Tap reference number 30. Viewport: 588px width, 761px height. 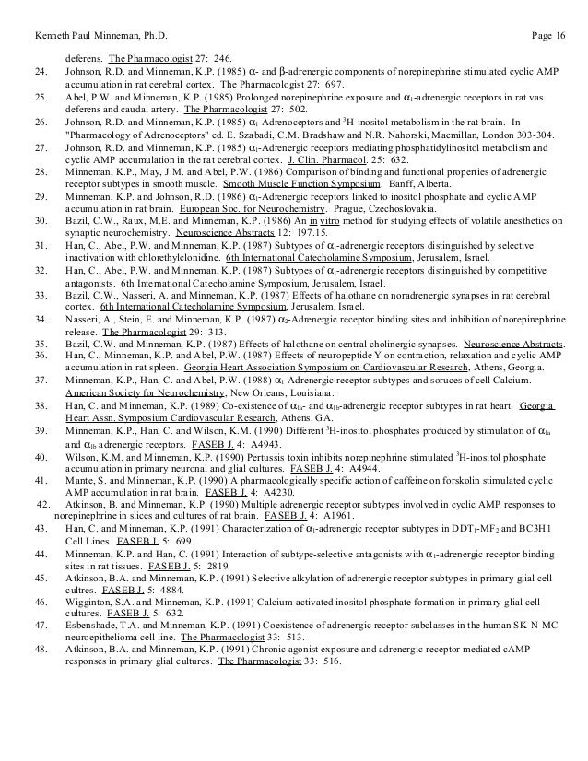click(x=40, y=248)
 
